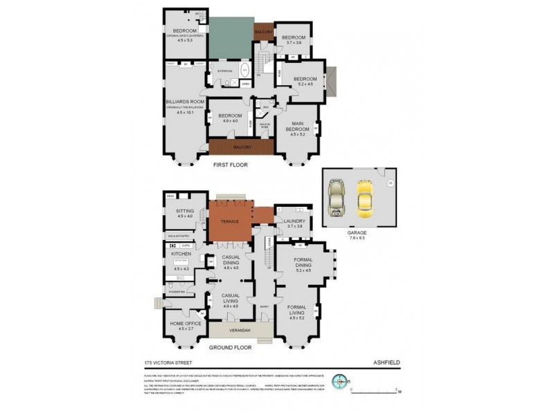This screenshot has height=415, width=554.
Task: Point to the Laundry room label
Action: [295, 221]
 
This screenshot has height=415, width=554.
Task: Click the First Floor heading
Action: [230, 165]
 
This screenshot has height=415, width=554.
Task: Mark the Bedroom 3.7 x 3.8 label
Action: [294, 37]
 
